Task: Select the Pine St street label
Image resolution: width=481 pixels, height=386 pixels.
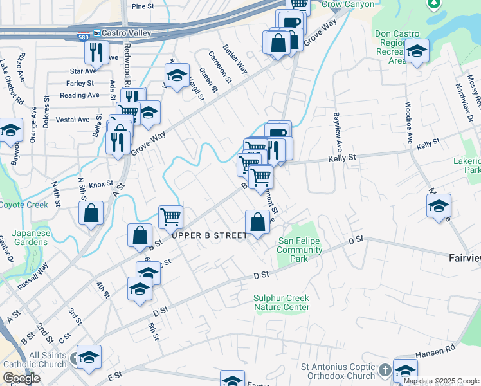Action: point(143,6)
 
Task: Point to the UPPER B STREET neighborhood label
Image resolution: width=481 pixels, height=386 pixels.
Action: point(210,236)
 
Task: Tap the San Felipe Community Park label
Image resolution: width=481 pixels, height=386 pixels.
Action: point(300,250)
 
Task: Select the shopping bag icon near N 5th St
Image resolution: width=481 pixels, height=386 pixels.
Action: point(91,213)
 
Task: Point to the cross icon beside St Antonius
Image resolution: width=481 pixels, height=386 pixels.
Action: point(384,371)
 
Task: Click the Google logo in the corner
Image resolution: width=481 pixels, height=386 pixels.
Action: point(21,378)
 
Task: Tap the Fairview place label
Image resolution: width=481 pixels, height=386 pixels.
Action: point(464,258)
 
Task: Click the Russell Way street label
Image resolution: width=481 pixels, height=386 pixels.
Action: point(33,277)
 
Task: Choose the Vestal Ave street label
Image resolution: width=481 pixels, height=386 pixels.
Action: point(73,120)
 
